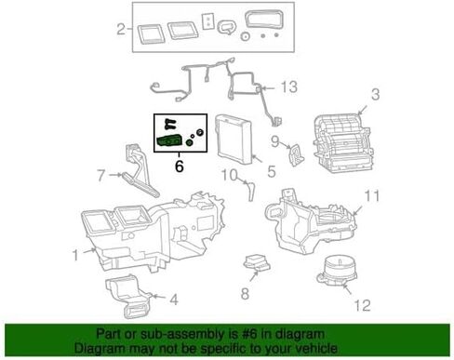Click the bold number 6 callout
180,167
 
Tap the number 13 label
289,87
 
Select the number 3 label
375,94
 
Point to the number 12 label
362,306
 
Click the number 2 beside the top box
121,30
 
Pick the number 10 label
229,175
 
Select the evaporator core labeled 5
233,140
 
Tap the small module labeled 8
257,263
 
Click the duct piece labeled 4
127,296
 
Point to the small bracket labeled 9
296,154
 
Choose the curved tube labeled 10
251,192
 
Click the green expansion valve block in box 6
169,141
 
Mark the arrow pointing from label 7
115,175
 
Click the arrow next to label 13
269,88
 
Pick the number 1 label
75,256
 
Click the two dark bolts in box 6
170,124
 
